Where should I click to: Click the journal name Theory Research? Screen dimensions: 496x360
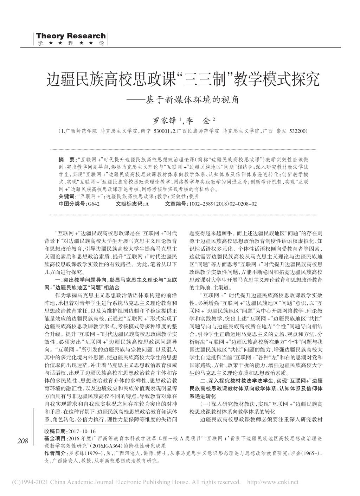71,36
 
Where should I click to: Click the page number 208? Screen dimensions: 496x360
22,441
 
